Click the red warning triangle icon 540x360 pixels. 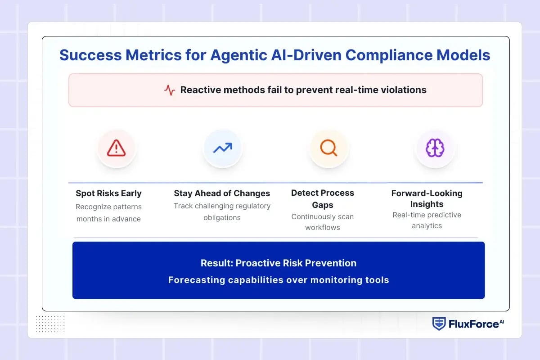(x=117, y=148)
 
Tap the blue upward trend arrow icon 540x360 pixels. (x=223, y=148)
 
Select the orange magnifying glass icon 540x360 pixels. (x=328, y=148)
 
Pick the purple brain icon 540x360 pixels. (x=435, y=148)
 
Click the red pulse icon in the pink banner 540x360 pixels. (x=170, y=90)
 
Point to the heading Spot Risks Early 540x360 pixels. (x=108, y=193)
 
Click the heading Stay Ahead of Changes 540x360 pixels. (x=222, y=193)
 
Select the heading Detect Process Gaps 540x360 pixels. (x=322, y=198)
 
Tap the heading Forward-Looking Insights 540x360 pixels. (x=427, y=198)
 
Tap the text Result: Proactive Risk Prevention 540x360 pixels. (x=278, y=263)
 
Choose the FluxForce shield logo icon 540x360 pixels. (x=439, y=324)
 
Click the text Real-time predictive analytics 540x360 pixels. (x=427, y=220)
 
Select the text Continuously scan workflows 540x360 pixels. (x=322, y=222)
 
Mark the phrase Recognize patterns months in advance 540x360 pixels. (x=108, y=213)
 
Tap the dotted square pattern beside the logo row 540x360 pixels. (x=50, y=324)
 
